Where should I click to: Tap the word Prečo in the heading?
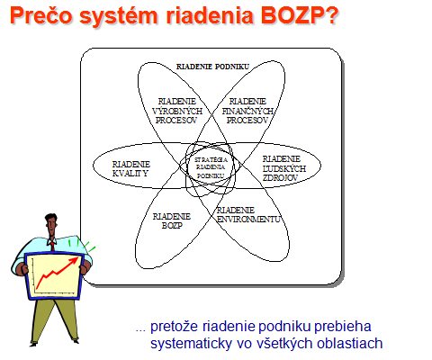click(x=40, y=15)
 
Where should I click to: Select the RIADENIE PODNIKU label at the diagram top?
click(x=212, y=67)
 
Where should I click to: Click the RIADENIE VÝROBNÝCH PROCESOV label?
click(x=177, y=111)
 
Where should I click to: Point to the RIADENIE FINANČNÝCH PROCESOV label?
click(x=247, y=111)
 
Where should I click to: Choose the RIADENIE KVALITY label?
click(x=131, y=169)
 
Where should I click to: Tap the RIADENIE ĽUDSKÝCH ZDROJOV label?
click(x=284, y=168)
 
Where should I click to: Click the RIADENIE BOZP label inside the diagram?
click(x=172, y=220)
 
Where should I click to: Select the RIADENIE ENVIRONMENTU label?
click(x=248, y=215)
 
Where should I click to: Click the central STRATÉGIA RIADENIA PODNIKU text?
click(x=211, y=167)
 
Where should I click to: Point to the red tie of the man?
click(x=53, y=246)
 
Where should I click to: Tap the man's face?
click(x=51, y=226)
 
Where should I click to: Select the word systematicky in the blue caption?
click(x=191, y=344)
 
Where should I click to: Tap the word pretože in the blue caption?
click(x=175, y=326)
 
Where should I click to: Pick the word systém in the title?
click(x=118, y=16)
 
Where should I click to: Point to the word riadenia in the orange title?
click(x=209, y=15)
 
